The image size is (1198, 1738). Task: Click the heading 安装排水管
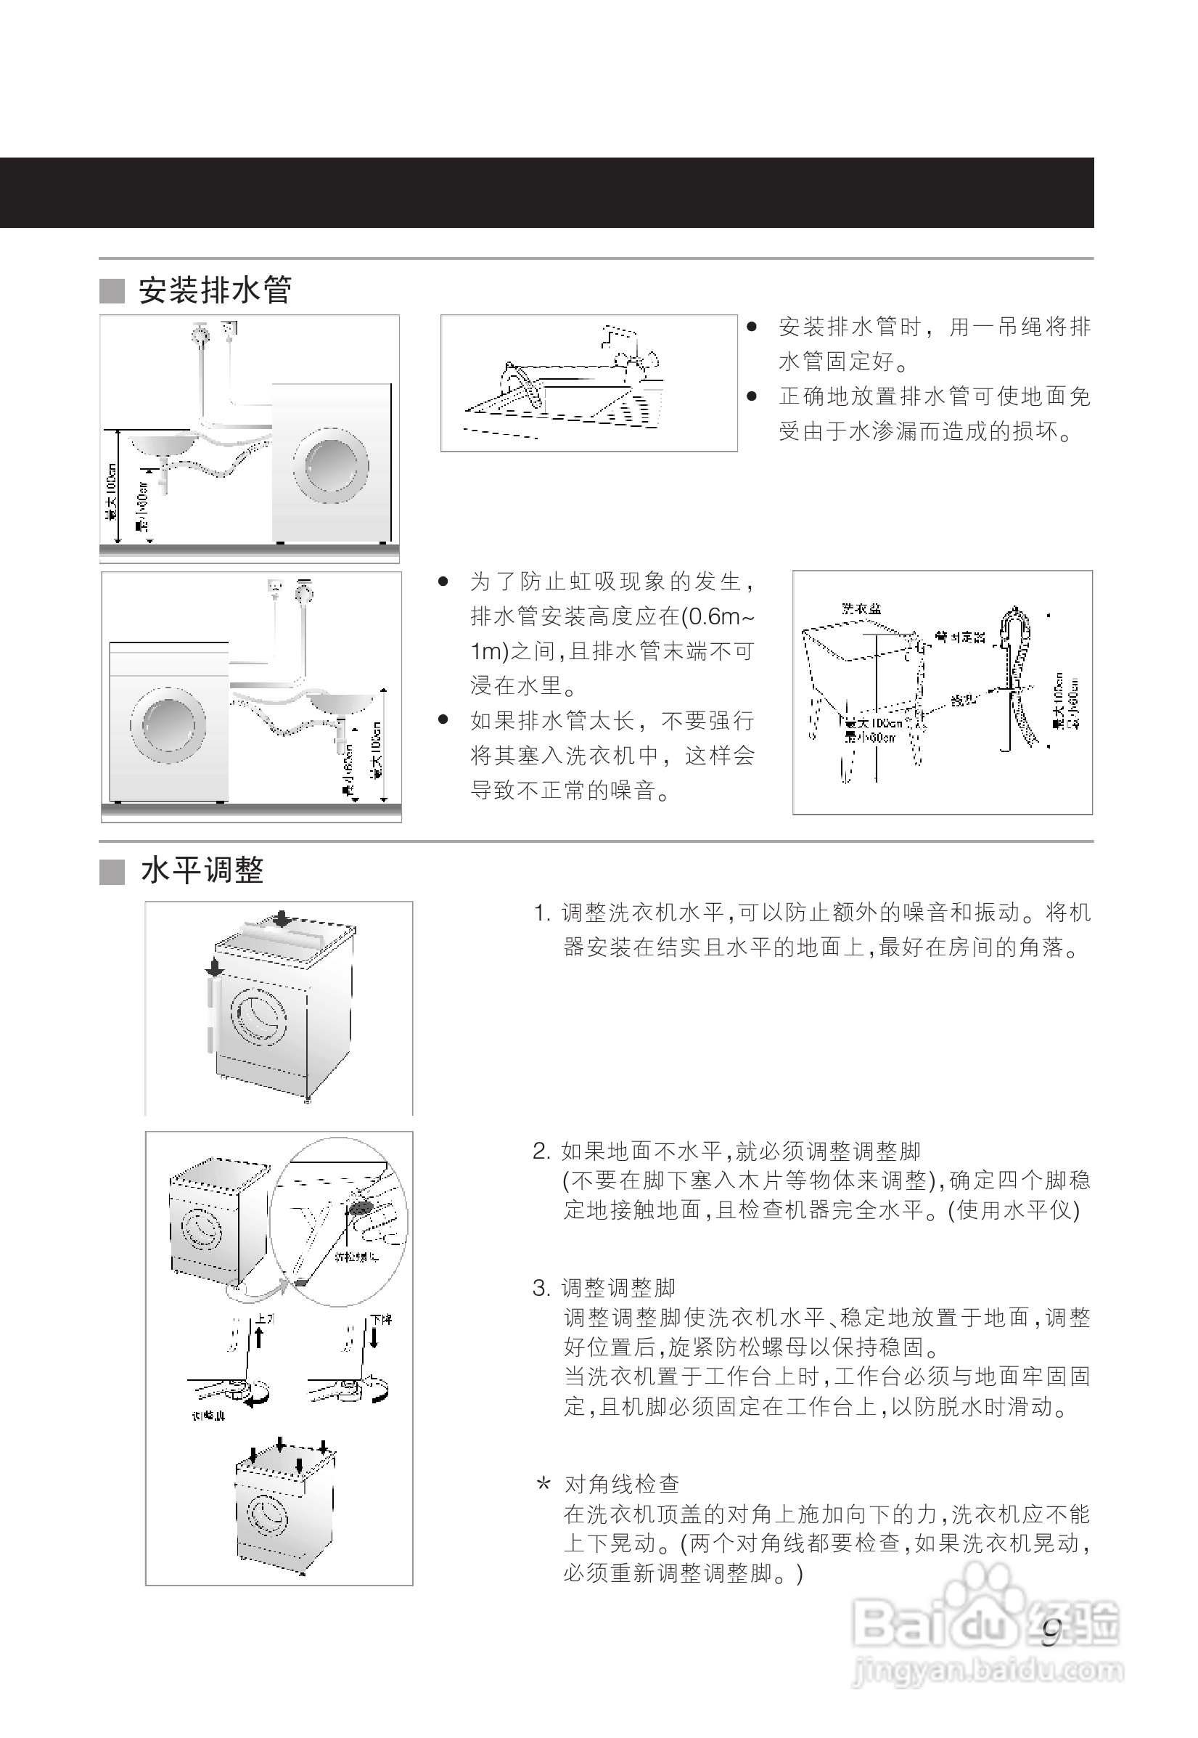coord(215,290)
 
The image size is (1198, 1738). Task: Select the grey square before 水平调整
coord(112,872)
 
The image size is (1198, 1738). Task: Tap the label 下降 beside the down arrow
coord(382,1320)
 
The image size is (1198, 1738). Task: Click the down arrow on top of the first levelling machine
coord(281,918)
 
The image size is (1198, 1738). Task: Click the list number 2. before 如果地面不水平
coord(542,1151)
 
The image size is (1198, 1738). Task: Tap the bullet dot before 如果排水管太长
coord(443,720)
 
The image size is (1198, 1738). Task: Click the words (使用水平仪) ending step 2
coord(1014,1209)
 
